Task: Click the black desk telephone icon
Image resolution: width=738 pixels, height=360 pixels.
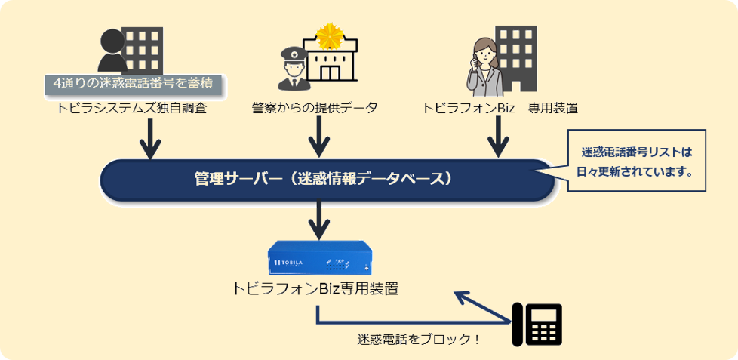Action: (537, 324)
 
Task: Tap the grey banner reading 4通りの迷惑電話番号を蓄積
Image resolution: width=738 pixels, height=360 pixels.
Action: (133, 83)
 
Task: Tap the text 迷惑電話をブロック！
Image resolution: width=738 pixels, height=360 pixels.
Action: (419, 339)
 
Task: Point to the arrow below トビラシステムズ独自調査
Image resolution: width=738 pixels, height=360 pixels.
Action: (152, 137)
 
